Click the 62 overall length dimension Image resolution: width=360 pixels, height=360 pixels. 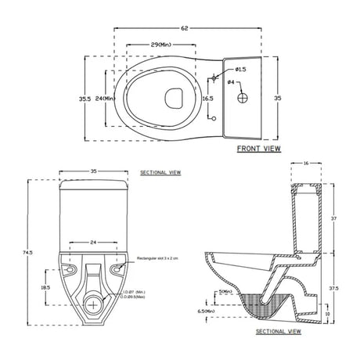click(185, 28)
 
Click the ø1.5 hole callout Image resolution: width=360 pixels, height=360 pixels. click(219, 69)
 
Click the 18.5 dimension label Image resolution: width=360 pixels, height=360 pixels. click(46, 288)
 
